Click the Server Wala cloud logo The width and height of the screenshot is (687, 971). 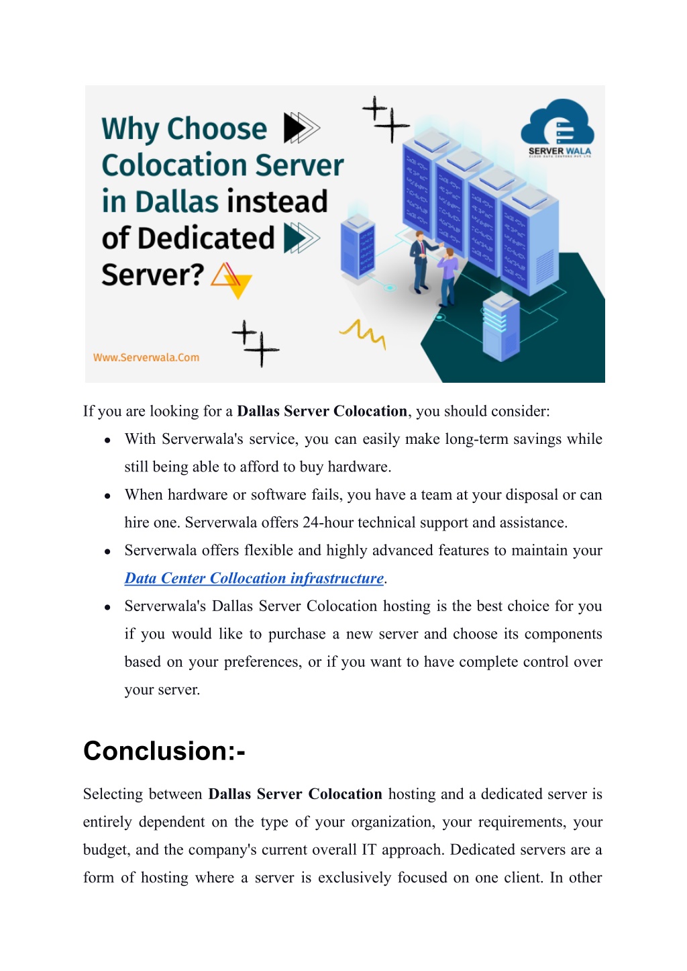pyautogui.click(x=557, y=128)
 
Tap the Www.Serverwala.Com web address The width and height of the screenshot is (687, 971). pyautogui.click(x=146, y=358)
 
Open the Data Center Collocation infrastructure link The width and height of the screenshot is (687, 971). pyautogui.click(x=254, y=578)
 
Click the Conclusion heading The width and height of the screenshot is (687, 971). pyautogui.click(x=164, y=751)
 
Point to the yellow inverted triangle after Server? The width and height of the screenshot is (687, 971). pyautogui.click(x=238, y=285)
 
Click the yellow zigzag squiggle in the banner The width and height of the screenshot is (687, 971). pyautogui.click(x=362, y=333)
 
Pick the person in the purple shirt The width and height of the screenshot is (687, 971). pyautogui.click(x=447, y=277)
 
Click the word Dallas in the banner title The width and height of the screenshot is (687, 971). pyautogui.click(x=176, y=201)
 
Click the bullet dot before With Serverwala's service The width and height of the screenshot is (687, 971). pyautogui.click(x=107, y=441)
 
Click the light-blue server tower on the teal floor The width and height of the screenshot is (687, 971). pyautogui.click(x=500, y=327)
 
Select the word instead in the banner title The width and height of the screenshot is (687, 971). pyautogui.click(x=277, y=201)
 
